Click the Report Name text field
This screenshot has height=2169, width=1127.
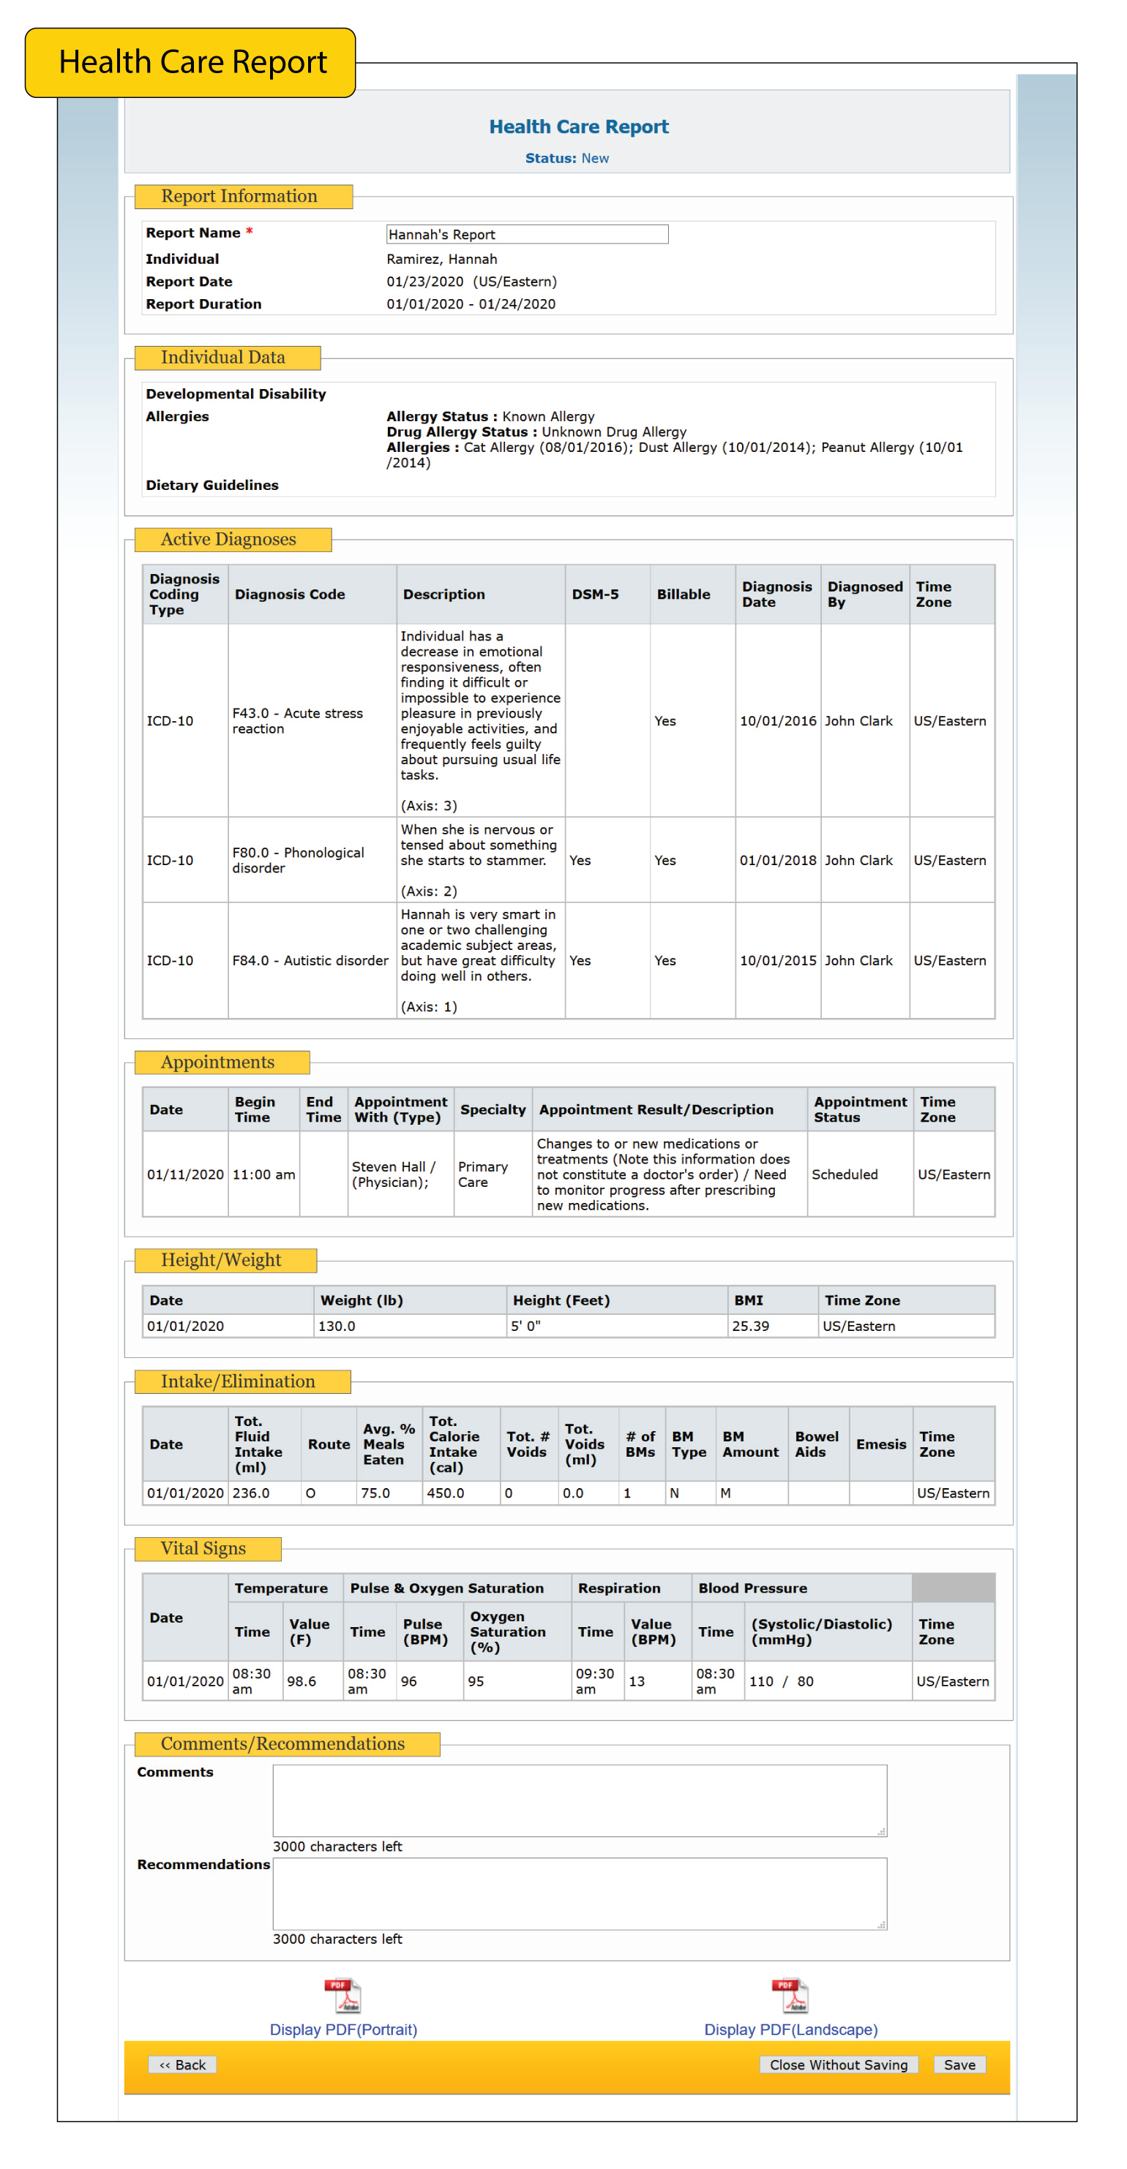tap(526, 234)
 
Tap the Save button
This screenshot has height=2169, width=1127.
tap(959, 2064)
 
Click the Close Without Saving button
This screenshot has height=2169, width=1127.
tap(838, 2064)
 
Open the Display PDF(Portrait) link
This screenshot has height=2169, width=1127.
tap(342, 2029)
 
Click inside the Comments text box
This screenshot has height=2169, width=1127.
tap(579, 1800)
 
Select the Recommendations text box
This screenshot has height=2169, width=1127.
tap(579, 1893)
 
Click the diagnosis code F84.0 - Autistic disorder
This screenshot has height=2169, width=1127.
tap(310, 961)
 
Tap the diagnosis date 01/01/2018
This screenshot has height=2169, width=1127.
tap(777, 861)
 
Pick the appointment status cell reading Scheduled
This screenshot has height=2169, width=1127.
tap(844, 1174)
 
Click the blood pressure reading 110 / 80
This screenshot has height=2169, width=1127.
tap(781, 1681)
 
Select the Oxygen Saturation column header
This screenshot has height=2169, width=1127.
tap(507, 1632)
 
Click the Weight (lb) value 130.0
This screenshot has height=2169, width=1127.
tap(336, 1326)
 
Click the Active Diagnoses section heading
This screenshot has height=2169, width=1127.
tap(228, 539)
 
